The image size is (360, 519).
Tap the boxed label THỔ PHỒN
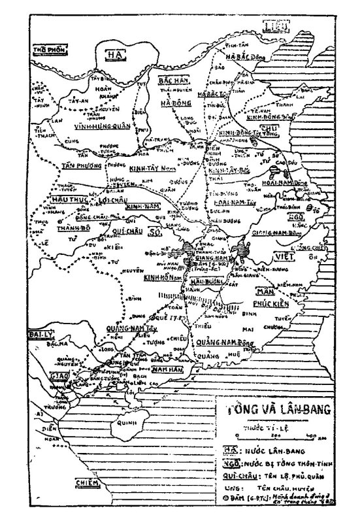pyautogui.click(x=50, y=48)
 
